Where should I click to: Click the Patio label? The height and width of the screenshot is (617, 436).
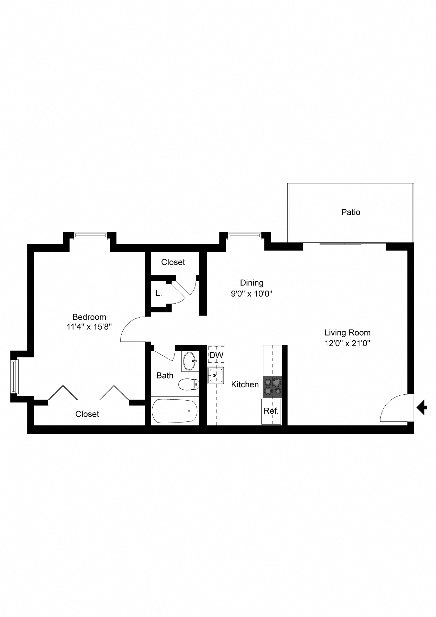[351, 212]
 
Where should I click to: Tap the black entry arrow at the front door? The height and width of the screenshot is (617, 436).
[422, 408]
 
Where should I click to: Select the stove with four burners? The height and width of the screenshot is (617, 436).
[272, 387]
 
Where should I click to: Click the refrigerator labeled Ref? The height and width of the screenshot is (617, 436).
[271, 411]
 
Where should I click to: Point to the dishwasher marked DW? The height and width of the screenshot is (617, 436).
[216, 355]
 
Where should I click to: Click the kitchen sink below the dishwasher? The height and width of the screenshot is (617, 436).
[216, 376]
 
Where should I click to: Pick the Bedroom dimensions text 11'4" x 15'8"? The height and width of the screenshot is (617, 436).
[89, 327]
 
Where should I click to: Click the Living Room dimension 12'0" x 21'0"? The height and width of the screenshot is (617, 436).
[347, 343]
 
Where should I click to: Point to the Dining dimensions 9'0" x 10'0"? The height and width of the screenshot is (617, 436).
[252, 293]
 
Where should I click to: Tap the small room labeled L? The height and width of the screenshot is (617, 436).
[159, 293]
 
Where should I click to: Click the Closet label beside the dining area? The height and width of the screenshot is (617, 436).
[173, 262]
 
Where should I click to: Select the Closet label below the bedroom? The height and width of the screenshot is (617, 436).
[87, 414]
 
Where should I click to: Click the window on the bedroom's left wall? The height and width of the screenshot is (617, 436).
[14, 376]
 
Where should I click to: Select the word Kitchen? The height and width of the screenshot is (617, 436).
[245, 384]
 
